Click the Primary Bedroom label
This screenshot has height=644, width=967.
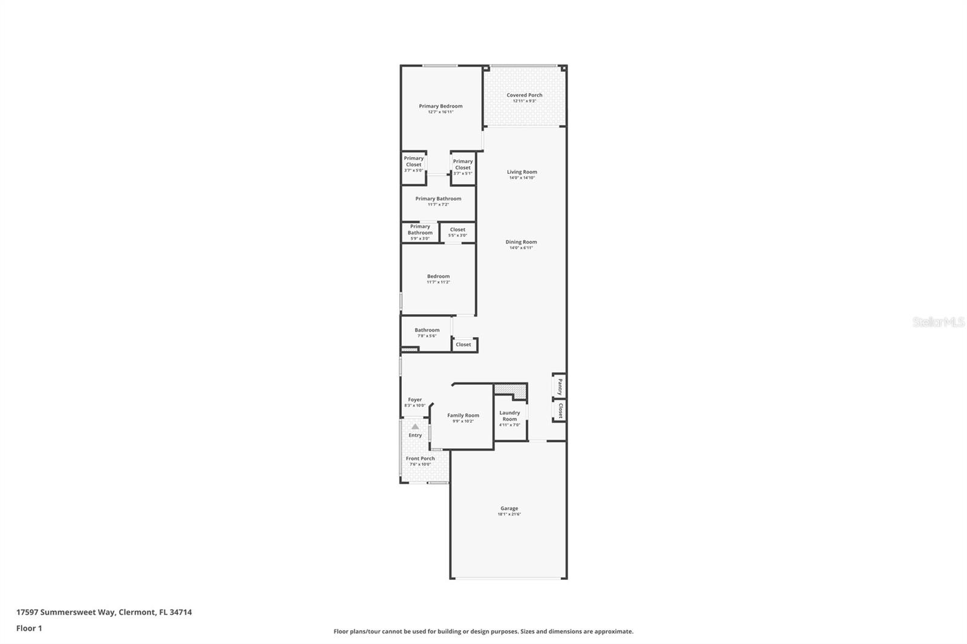(x=441, y=106)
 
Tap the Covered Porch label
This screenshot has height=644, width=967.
(x=524, y=95)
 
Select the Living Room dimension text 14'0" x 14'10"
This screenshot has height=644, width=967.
(x=522, y=178)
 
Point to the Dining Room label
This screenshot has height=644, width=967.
(x=521, y=242)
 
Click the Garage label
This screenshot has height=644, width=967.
(x=509, y=509)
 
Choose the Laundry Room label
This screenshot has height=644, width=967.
(x=509, y=416)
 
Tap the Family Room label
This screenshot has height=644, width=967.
(x=463, y=416)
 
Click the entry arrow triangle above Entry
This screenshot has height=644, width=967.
(x=415, y=427)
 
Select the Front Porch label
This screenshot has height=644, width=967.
(x=420, y=459)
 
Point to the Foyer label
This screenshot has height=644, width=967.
(x=415, y=400)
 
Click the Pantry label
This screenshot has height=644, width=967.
(x=560, y=385)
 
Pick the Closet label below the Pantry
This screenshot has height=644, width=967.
(x=560, y=411)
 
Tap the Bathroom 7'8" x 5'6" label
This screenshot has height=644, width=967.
(x=427, y=330)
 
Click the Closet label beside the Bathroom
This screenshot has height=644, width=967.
(x=464, y=345)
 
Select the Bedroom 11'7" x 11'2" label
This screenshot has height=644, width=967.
(x=438, y=277)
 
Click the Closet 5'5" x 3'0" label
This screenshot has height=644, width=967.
(x=458, y=230)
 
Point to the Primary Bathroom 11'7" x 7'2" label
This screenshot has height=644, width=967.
(x=438, y=199)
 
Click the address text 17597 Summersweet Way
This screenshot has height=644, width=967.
(x=65, y=612)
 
